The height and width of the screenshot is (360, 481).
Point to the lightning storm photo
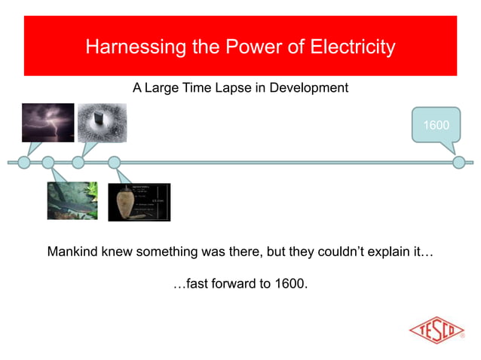coord(48,123)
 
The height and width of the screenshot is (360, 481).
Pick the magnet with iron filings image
coord(102,123)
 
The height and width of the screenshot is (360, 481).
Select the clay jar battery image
coord(139,202)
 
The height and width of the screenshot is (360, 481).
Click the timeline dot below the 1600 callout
coord(458,162)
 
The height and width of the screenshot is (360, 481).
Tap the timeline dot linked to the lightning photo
coord(24,162)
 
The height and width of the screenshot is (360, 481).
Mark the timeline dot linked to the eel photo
coord(48,162)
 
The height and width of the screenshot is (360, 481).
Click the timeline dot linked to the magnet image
coord(78,162)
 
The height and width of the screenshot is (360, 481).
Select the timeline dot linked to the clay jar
coord(115,162)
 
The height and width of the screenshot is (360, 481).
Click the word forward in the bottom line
coord(226,285)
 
